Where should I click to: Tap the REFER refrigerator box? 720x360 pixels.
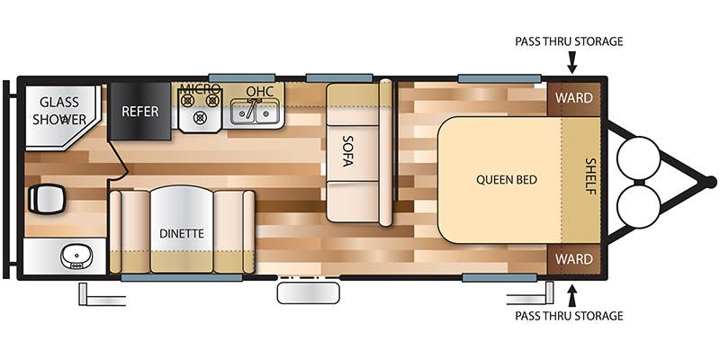(x=139, y=112)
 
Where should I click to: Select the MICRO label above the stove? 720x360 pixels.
(x=200, y=88)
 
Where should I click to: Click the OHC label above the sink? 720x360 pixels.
(x=259, y=90)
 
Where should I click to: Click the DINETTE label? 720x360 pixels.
(x=182, y=233)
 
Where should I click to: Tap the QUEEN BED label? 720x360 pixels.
(x=507, y=179)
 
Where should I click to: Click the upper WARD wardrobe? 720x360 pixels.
(x=573, y=97)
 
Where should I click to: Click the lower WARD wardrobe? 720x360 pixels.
(x=573, y=259)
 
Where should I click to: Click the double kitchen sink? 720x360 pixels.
(x=256, y=113)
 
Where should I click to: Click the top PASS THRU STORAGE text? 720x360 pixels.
(x=569, y=41)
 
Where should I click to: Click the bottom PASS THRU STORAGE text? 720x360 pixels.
(x=569, y=316)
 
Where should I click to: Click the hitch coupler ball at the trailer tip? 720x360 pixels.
(x=711, y=182)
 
